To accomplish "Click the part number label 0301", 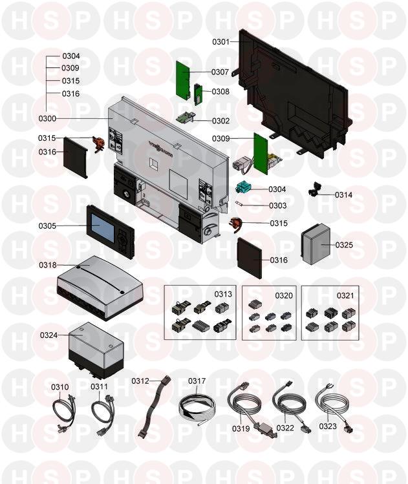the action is [221, 41].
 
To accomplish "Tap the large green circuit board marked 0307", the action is [182, 79].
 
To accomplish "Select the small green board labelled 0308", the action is [198, 94].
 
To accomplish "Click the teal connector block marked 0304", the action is [243, 187].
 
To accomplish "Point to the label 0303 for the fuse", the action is [277, 205].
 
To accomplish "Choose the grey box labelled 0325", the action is [316, 244].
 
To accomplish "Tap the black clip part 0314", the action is [315, 189].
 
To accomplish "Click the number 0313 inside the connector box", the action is [223, 294].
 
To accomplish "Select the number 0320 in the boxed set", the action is [284, 296].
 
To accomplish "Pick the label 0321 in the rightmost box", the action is [345, 296].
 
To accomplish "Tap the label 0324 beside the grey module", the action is [48, 335].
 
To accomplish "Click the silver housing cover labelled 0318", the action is [100, 288].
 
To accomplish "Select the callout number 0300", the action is [47, 118].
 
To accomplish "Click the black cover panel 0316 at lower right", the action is [250, 258].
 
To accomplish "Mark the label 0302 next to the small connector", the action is [220, 121].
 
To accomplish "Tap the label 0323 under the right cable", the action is [328, 426].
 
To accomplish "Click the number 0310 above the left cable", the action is [60, 387].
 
